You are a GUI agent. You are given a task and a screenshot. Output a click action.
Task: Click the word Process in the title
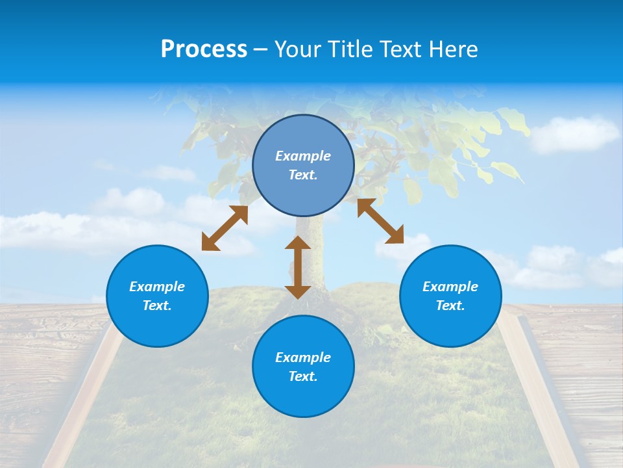coord(204,49)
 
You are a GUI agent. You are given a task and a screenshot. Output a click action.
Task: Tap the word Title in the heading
coord(351,49)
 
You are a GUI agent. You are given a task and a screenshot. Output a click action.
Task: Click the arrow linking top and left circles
coord(225,228)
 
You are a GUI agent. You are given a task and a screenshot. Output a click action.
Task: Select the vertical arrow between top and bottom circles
coord(298,267)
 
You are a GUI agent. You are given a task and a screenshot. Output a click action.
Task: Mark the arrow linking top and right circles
coord(380,221)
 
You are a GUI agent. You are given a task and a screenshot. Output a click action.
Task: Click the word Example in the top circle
coord(303,156)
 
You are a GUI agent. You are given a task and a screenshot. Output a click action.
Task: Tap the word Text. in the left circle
coord(157,305)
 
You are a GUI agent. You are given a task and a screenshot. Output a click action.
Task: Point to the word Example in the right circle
coord(450,287)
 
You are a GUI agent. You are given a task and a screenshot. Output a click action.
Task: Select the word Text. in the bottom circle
coord(303,376)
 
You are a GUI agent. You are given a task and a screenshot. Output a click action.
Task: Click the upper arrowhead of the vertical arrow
coord(298,242)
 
